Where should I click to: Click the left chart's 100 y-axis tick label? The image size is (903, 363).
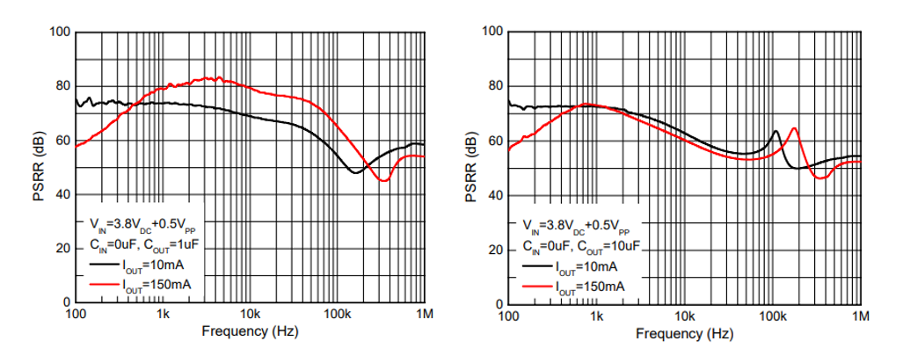point(59,33)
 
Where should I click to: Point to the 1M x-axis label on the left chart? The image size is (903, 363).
point(425,314)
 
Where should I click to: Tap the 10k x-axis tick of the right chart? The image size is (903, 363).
point(684,315)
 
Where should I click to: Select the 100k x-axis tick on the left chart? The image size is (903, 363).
point(337,314)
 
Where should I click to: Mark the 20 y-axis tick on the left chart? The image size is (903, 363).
point(62,250)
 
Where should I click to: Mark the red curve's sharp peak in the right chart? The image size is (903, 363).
point(794,128)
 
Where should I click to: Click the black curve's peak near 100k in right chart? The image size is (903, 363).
point(776,132)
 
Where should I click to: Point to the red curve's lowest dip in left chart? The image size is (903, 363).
point(383,180)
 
